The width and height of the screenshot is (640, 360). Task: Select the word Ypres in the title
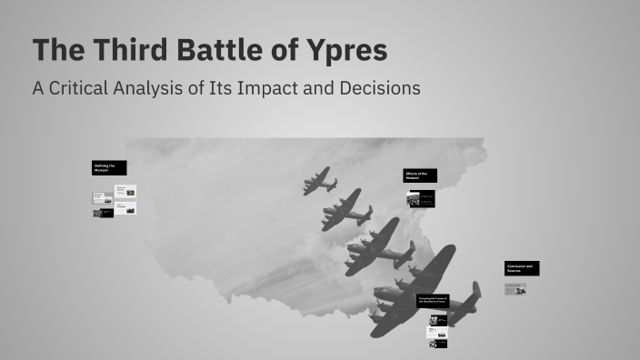coord(345,51)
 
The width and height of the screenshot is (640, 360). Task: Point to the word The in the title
coord(55,51)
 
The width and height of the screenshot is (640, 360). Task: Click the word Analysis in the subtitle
coord(171,89)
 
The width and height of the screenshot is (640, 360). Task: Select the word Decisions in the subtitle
coord(382,89)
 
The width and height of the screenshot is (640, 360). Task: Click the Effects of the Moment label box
coord(420,175)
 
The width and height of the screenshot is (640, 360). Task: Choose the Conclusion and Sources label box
coord(523,268)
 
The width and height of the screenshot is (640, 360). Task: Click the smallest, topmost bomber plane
coord(319,181)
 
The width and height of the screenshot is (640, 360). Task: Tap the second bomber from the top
coord(345,211)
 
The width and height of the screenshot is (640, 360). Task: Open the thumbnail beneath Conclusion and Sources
coord(515,289)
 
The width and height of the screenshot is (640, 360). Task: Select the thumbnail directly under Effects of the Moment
coord(420,198)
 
